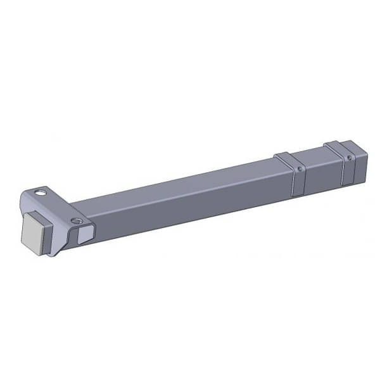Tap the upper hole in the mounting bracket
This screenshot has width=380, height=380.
41,190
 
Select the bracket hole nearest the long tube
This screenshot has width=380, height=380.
76,221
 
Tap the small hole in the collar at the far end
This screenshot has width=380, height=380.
348,157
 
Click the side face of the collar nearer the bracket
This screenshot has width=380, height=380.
298,180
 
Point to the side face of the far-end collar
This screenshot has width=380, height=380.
348,168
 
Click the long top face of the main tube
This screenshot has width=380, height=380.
177,184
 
